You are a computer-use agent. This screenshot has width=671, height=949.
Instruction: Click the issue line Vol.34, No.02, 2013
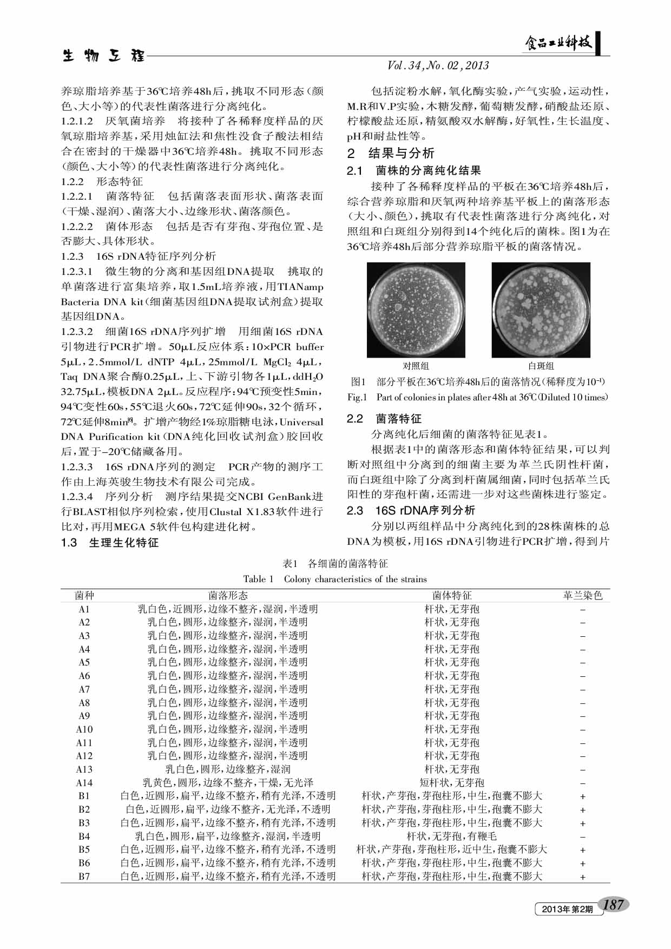click(x=438, y=65)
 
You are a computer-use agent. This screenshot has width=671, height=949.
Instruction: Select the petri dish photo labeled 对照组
click(x=416, y=310)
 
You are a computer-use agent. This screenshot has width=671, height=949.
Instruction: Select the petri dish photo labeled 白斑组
click(x=541, y=310)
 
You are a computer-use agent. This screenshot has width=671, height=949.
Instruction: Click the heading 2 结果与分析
click(x=391, y=153)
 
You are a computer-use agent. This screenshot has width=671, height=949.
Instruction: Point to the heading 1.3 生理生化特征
click(x=110, y=542)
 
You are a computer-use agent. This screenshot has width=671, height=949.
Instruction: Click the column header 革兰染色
click(x=582, y=596)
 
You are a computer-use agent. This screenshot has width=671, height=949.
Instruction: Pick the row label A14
click(x=84, y=782)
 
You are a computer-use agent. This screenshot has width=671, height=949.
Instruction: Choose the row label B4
click(x=84, y=836)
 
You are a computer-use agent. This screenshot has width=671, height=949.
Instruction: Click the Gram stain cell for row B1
click(x=583, y=796)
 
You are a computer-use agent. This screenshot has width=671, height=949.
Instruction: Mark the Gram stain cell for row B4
click(x=583, y=836)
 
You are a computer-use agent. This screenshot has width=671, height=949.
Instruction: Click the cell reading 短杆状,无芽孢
click(x=452, y=782)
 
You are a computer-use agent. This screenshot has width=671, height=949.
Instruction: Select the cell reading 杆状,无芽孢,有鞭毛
click(x=452, y=836)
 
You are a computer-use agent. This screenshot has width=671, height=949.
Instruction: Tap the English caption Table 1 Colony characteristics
click(x=335, y=579)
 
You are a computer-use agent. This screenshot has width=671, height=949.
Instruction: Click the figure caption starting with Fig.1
click(x=478, y=397)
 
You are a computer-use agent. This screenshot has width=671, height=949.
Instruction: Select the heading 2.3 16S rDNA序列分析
click(x=411, y=510)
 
